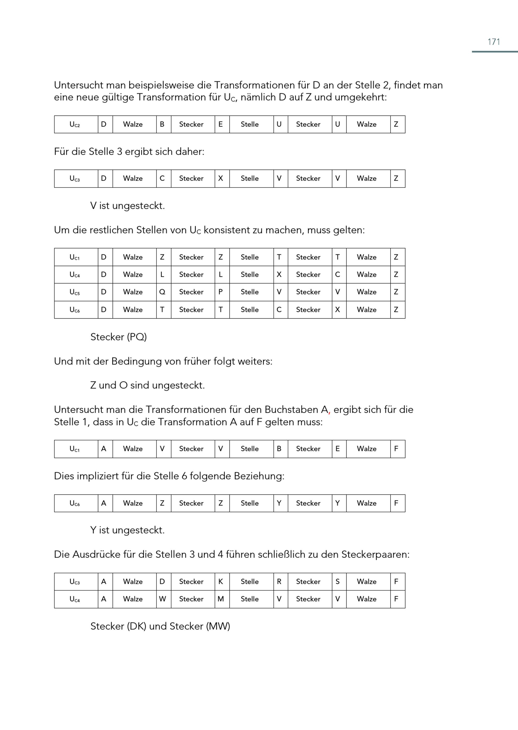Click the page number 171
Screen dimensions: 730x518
click(x=493, y=42)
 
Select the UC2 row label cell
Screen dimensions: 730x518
click(x=76, y=124)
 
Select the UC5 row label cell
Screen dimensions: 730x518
click(x=76, y=292)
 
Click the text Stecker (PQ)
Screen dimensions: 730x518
click(x=118, y=337)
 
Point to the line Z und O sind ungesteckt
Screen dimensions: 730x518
click(x=147, y=385)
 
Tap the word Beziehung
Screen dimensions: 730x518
click(x=259, y=476)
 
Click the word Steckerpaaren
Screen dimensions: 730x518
click(x=375, y=554)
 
